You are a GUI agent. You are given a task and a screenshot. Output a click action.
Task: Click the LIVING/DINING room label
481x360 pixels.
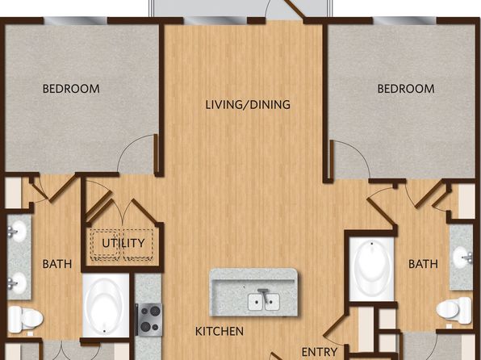point(248,105)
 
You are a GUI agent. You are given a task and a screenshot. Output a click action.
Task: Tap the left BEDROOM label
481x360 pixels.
point(71,89)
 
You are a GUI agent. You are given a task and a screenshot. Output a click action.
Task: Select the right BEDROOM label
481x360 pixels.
point(406,89)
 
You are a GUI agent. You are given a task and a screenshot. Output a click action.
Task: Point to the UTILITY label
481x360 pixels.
point(123,243)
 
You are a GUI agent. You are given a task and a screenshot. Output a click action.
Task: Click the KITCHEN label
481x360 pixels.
point(220,332)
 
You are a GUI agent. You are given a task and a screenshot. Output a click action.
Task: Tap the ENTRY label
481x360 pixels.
point(320,352)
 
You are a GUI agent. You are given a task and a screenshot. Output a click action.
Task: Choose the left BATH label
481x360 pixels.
point(57,264)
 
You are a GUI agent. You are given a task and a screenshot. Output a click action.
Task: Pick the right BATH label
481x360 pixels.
point(424,264)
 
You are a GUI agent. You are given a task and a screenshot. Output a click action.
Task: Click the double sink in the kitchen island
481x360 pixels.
point(264,301)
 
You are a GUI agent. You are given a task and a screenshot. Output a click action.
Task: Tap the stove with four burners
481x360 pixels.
point(148,319)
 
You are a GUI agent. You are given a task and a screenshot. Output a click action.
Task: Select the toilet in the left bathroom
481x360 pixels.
point(25,320)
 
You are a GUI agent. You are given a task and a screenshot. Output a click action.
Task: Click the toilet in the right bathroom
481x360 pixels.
point(454,310)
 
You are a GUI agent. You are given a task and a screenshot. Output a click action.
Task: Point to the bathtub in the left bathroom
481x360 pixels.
point(106,306)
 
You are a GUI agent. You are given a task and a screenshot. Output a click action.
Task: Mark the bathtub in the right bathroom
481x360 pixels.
point(372,269)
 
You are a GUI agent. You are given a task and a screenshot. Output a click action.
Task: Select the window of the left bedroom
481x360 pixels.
point(76,20)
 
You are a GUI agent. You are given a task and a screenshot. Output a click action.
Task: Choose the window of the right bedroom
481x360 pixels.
point(404,20)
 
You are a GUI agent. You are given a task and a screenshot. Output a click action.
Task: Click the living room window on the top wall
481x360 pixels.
point(215,20)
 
